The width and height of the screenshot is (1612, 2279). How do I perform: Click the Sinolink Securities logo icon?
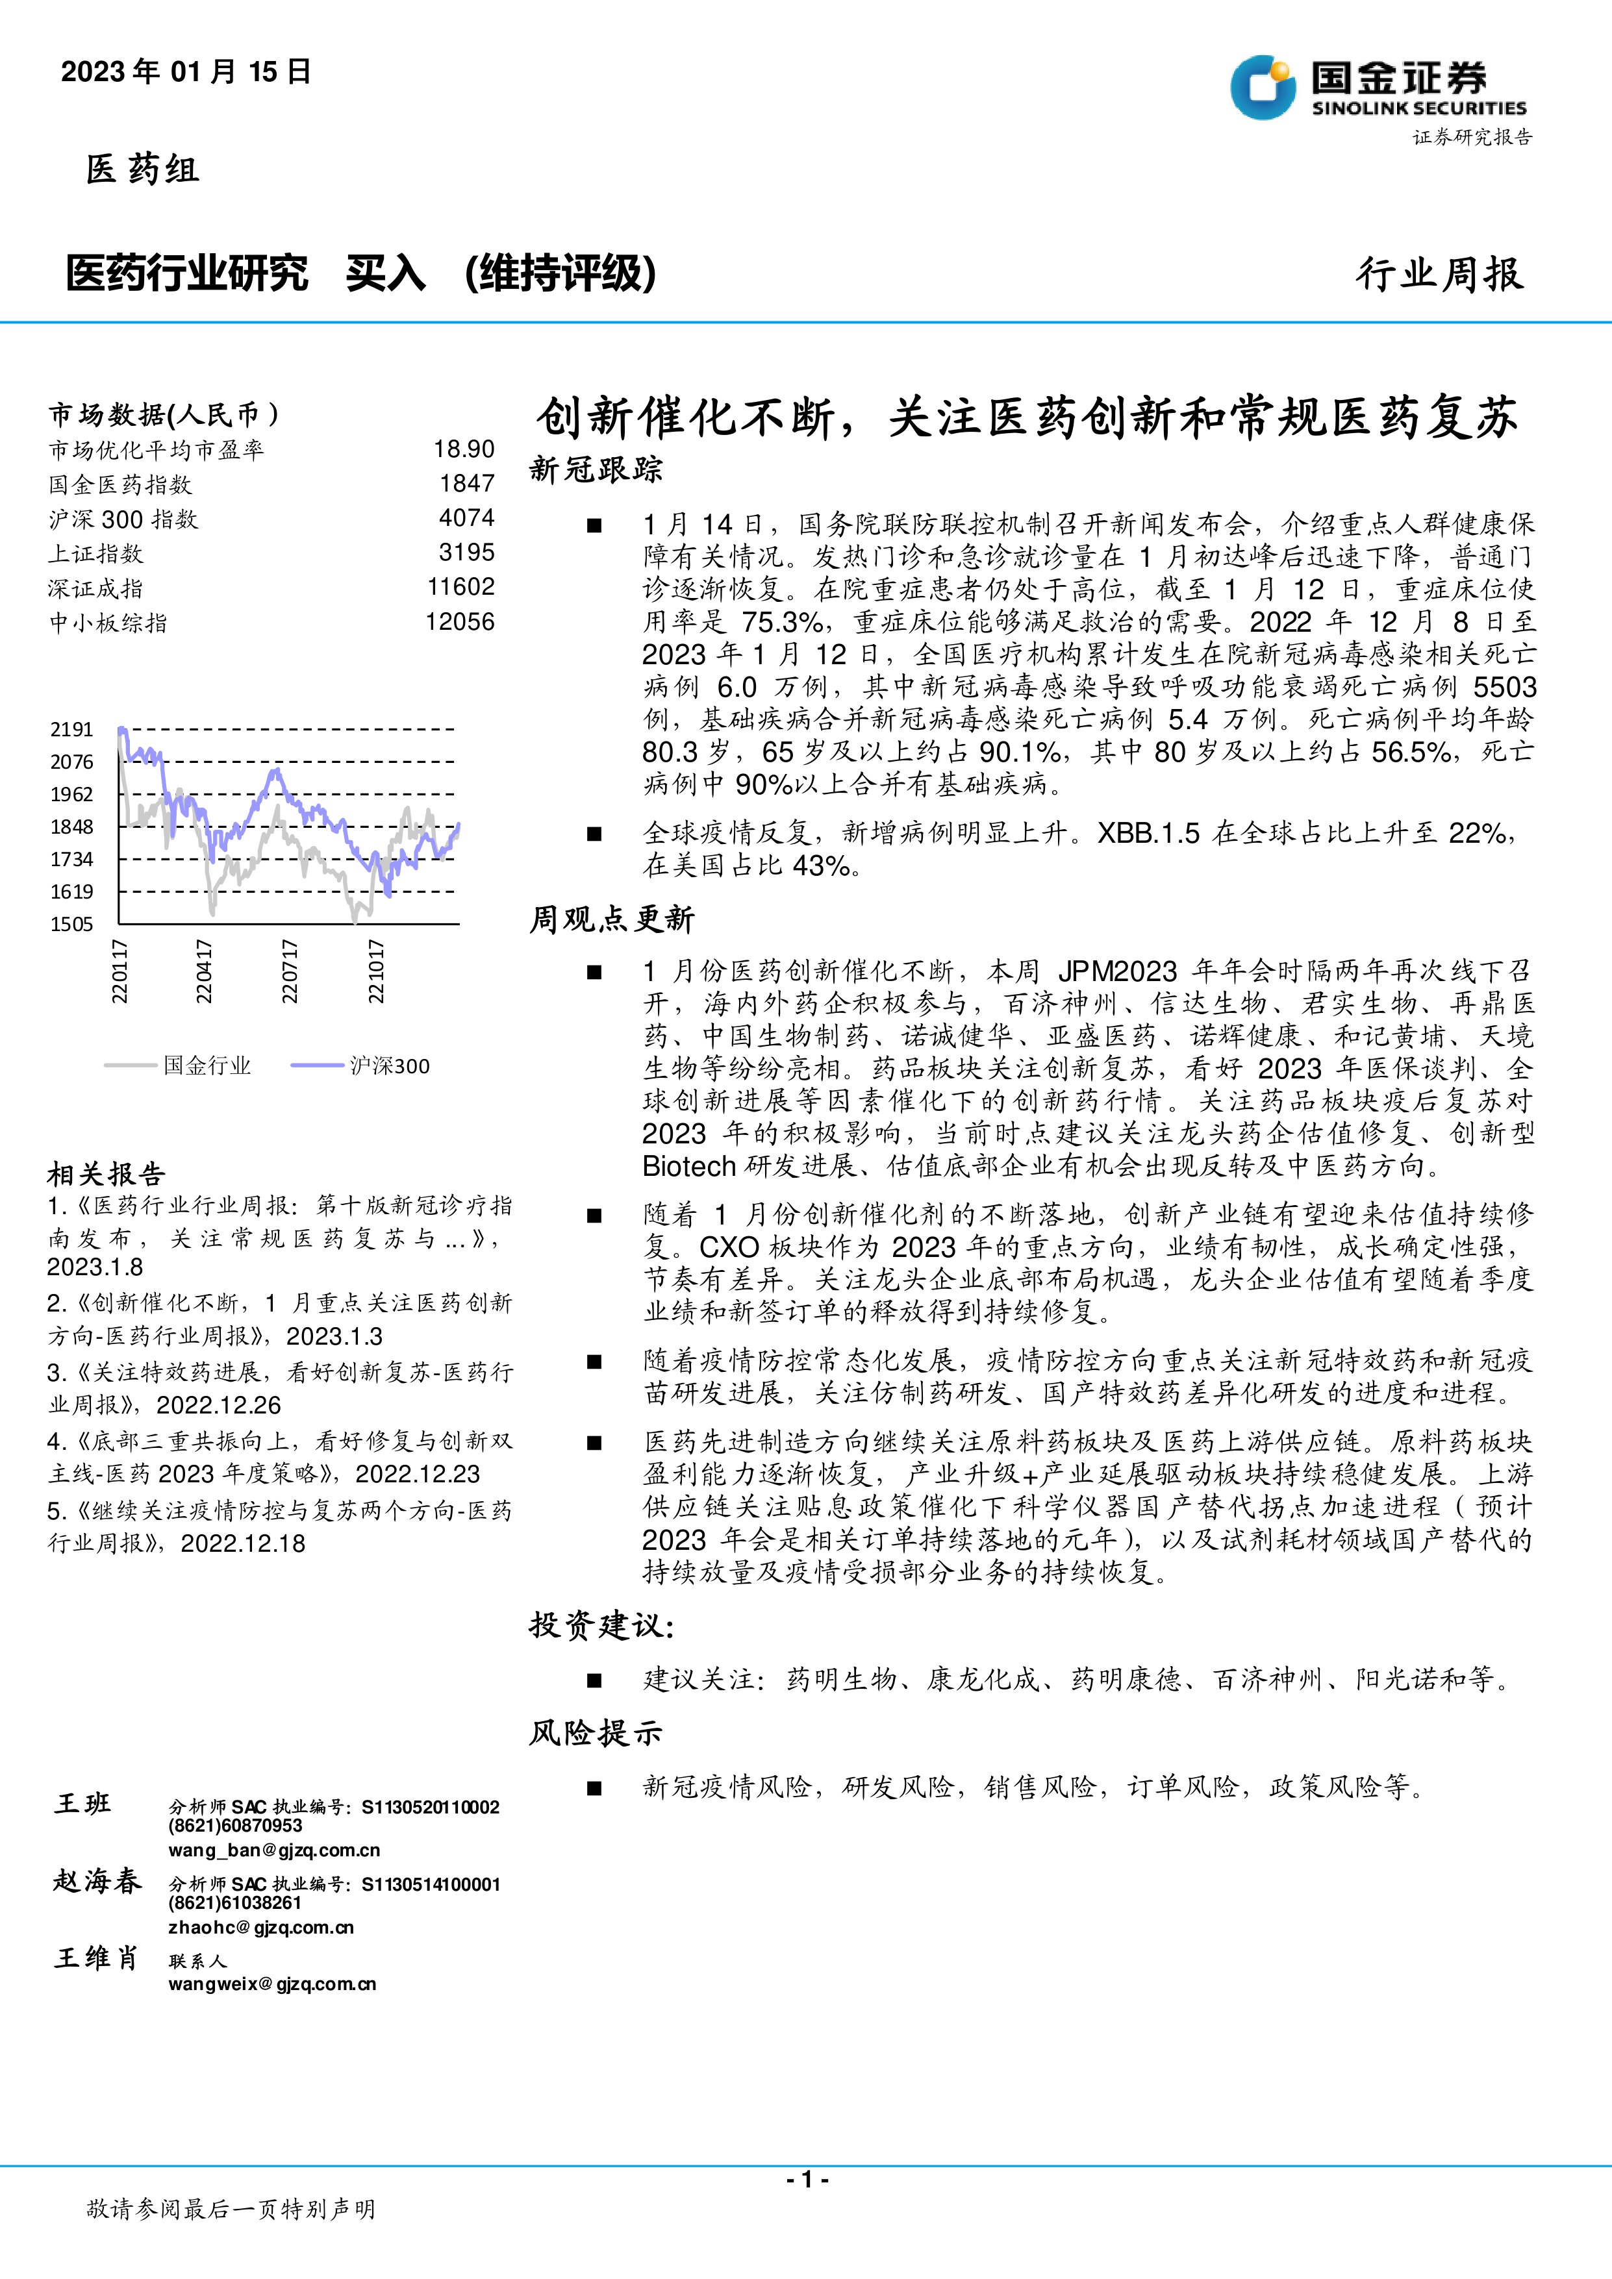(x=1263, y=88)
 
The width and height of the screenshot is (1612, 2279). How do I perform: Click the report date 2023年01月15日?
(x=186, y=71)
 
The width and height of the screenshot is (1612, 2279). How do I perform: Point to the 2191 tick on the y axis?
(x=71, y=730)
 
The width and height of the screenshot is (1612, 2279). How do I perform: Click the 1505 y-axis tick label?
(x=71, y=924)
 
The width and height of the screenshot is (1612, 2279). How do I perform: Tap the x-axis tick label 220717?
(x=290, y=971)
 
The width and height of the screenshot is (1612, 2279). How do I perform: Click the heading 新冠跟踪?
(x=596, y=469)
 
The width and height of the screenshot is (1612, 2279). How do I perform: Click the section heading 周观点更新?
(x=611, y=919)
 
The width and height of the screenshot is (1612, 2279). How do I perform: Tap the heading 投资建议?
(x=601, y=1626)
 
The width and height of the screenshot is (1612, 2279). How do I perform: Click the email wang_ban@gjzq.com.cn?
(x=274, y=1850)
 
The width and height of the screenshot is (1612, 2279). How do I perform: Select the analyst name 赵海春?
(x=97, y=1881)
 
